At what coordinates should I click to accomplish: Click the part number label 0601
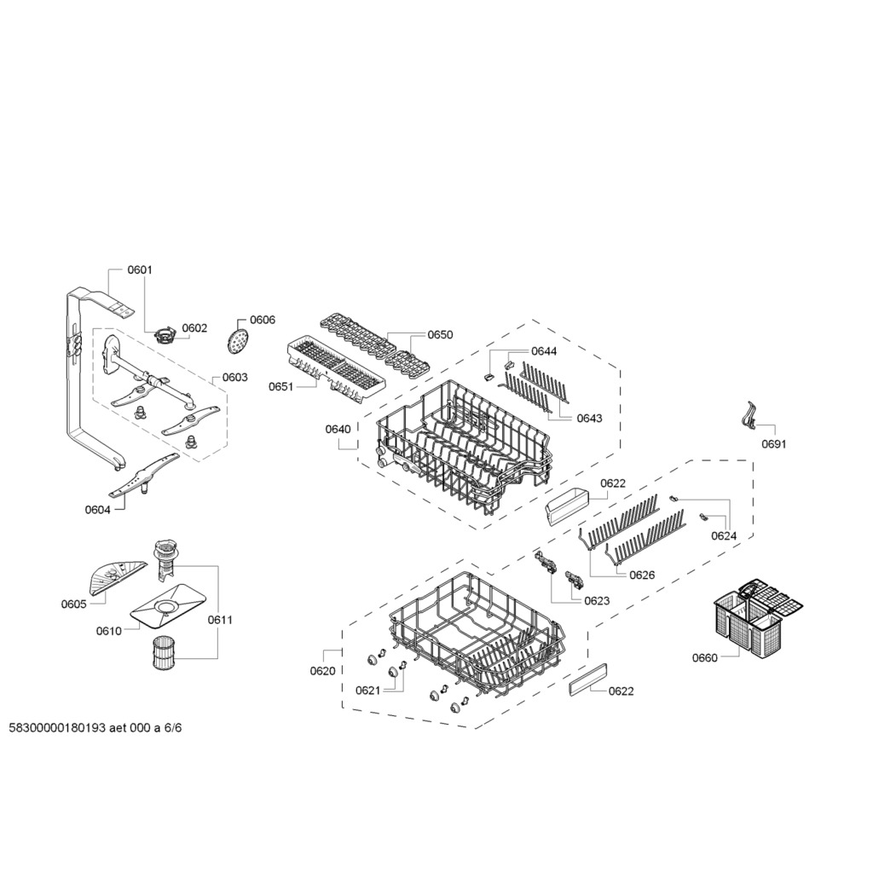[140, 270]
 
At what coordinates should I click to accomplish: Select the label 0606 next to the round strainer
[263, 320]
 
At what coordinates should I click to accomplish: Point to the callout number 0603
[235, 378]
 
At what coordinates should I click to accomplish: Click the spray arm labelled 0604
[143, 475]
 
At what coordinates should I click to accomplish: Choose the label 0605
[73, 604]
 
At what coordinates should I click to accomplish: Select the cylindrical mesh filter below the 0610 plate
[165, 653]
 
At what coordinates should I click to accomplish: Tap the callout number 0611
[220, 620]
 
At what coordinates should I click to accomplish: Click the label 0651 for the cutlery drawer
[280, 386]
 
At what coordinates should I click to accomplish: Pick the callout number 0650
[440, 334]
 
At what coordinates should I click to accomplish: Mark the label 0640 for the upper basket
[338, 429]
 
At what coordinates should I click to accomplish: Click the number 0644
[543, 350]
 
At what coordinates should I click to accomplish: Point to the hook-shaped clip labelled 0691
[749, 416]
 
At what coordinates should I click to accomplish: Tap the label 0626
[642, 575]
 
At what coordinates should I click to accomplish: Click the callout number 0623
[597, 601]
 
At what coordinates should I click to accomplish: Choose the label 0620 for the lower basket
[323, 671]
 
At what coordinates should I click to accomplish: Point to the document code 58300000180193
[57, 728]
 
